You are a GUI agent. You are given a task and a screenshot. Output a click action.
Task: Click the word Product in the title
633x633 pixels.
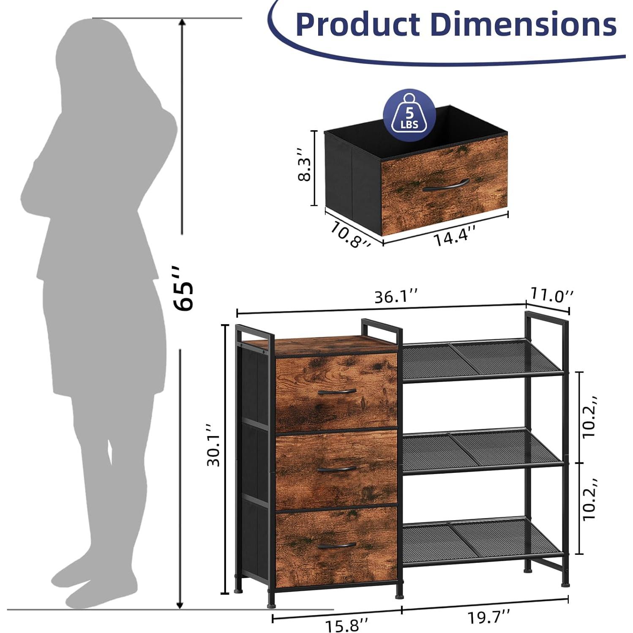pos(358,24)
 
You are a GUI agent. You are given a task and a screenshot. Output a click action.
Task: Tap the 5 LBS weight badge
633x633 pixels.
pos(409,114)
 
